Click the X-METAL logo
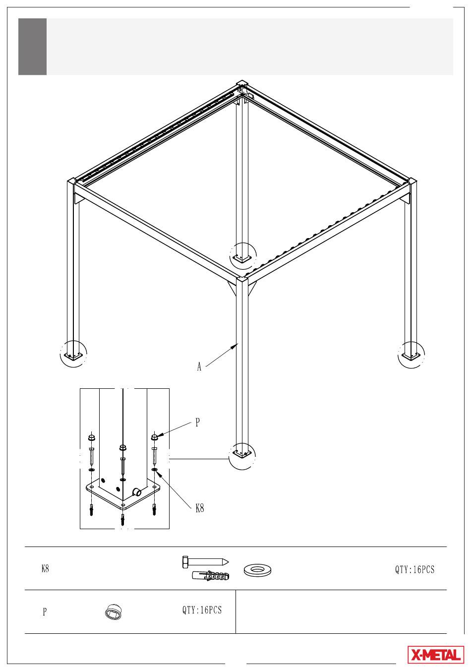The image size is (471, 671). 436,655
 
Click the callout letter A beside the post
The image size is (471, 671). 199,366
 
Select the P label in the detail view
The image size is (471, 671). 197,423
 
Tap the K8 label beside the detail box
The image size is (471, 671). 200,508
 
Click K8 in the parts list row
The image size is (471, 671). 45,568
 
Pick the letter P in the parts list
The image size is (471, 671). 45,611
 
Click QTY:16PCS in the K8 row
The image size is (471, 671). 414,569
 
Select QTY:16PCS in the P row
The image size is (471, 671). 202,610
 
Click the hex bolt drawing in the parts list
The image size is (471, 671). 205,562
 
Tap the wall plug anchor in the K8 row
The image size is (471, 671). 211,575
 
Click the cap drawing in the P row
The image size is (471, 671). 114,611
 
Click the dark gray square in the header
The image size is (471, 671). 32,47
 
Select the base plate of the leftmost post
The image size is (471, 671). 73,356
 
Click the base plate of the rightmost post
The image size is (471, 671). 411,356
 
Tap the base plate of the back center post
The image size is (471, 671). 242,258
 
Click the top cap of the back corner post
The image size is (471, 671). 242,83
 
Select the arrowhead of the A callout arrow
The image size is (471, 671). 235,345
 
